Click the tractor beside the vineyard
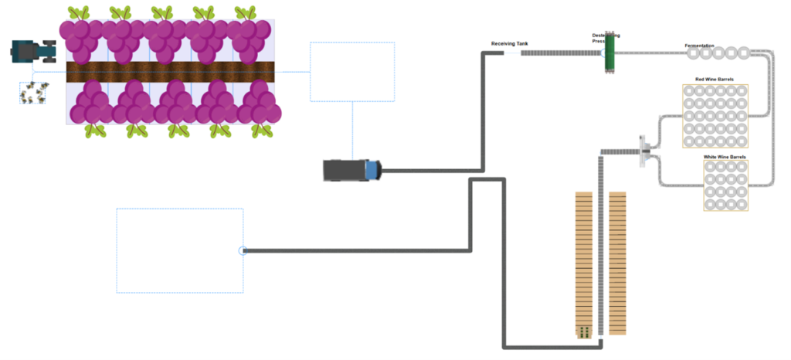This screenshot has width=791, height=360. [x=33, y=52]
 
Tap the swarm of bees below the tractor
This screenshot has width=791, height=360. [x=32, y=93]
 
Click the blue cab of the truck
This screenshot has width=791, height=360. [x=373, y=170]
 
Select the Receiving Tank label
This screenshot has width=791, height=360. [x=510, y=44]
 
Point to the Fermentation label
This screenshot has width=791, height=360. [x=699, y=46]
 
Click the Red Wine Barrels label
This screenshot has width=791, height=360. [x=715, y=79]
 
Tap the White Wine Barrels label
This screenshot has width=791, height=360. [x=725, y=157]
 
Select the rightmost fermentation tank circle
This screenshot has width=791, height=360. [x=743, y=53]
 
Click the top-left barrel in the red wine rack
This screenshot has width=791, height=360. [x=689, y=91]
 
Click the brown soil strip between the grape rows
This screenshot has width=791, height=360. [x=171, y=72]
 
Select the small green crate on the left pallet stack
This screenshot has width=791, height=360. [x=585, y=331]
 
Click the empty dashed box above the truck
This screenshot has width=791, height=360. [x=352, y=72]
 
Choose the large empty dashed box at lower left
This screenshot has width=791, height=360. [x=179, y=250]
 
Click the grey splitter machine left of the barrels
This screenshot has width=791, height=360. [x=643, y=151]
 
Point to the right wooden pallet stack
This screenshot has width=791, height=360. [x=617, y=263]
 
